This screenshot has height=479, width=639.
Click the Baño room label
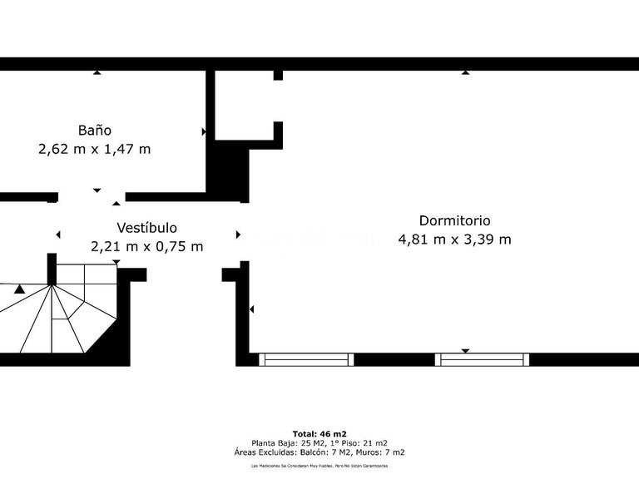(95, 131)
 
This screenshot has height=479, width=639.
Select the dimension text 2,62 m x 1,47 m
(95, 150)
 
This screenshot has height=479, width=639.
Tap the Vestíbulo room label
(146, 227)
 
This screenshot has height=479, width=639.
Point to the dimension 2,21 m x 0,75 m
(146, 246)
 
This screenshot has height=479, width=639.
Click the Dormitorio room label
(454, 220)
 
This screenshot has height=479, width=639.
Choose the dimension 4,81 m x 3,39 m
(454, 239)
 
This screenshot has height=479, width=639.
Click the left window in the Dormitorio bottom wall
(306, 359)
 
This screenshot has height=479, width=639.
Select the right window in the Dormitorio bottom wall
(483, 359)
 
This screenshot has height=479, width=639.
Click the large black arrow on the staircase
(19, 289)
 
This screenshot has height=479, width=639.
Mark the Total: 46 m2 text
(319, 434)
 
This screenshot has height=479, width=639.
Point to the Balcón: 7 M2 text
(344, 452)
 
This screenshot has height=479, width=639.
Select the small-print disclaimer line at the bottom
(319, 467)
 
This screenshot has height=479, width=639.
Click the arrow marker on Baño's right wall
(204, 131)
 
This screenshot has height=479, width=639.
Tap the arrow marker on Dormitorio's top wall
(465, 73)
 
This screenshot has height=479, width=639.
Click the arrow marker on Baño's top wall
(97, 73)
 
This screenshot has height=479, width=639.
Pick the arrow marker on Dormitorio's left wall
(251, 309)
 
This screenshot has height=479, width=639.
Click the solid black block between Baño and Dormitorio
(229, 170)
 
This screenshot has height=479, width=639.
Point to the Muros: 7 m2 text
(386, 452)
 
